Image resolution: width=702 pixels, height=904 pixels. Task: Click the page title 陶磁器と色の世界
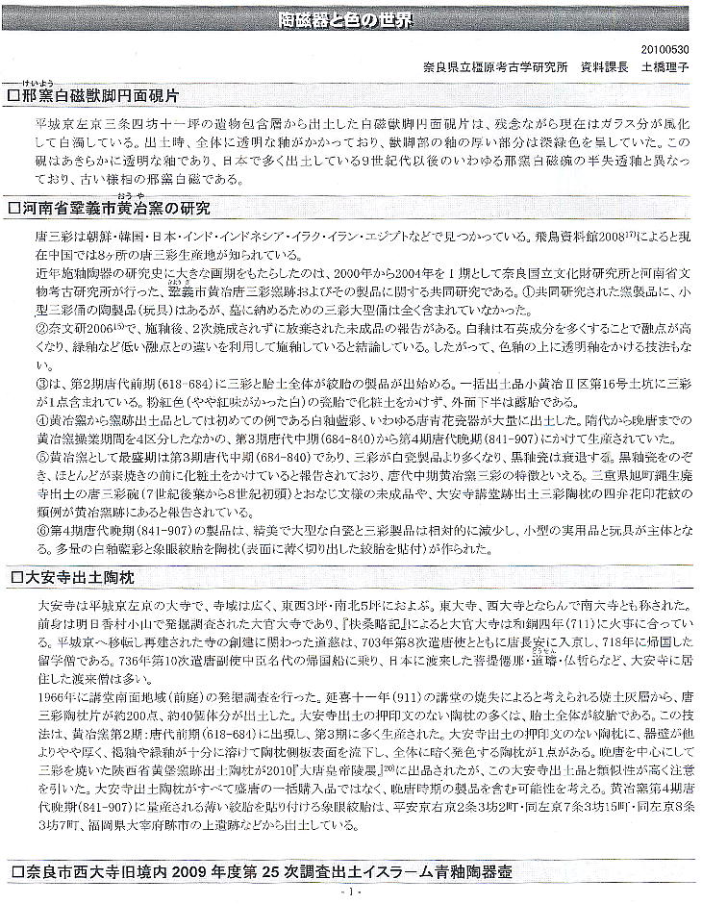(x=351, y=19)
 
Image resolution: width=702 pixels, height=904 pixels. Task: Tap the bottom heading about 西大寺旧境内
(x=260, y=872)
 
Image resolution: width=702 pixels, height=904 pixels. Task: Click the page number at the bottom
(x=350, y=892)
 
